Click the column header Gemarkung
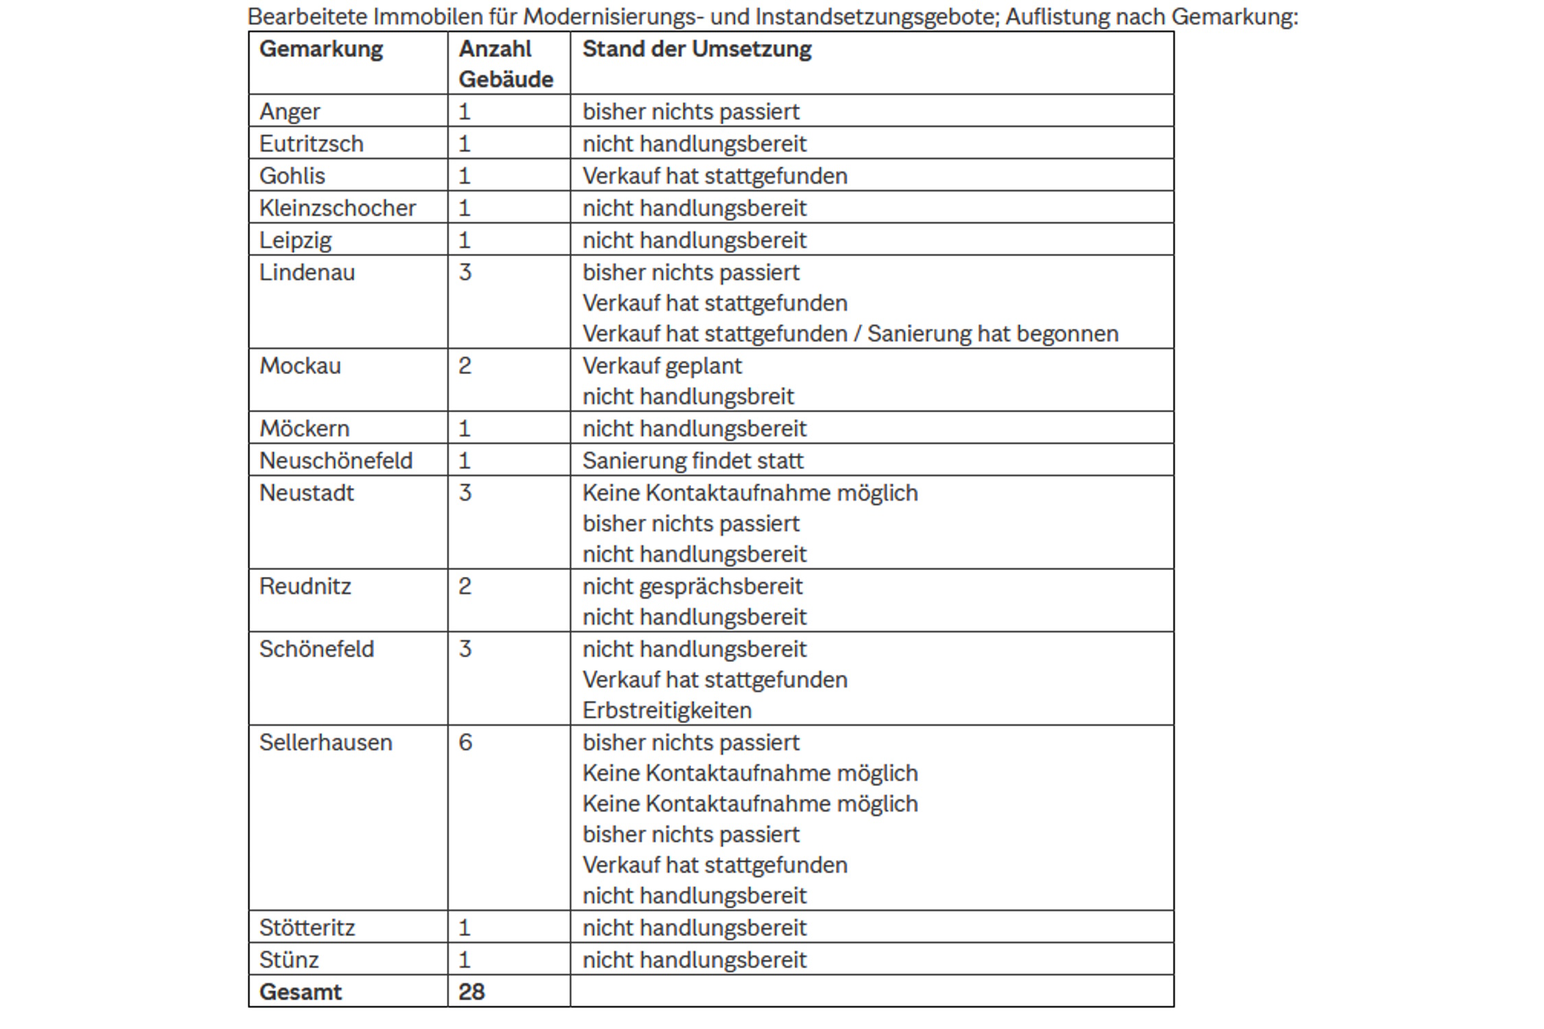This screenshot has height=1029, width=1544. coord(320,49)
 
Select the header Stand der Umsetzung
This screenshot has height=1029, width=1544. coord(697,49)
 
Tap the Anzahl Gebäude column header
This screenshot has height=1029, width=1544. coord(506,64)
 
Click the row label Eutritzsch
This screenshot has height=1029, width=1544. coord(311,144)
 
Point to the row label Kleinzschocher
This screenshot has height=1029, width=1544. coord(337,208)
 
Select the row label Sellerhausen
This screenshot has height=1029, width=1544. coord(325,742)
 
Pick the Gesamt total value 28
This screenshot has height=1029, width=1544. coord(471,992)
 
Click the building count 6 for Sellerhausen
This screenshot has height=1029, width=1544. coord(465,742)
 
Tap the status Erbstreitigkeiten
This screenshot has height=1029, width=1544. coord(667,711)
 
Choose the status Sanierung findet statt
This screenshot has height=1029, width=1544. coord(692,461)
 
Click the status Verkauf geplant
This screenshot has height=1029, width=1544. coord(662,366)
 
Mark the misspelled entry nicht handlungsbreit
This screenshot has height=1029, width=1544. coord(688,397)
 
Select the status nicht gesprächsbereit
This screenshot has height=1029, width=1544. coord(692,587)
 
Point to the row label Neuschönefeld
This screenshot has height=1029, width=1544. coord(336,461)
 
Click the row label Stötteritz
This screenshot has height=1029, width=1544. coord(307,928)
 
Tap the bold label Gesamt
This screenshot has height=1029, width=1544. coord(300,992)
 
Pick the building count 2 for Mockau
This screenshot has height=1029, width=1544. coord(465,366)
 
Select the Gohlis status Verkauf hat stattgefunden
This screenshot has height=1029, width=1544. coord(714,176)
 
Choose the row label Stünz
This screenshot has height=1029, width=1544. coord(289,960)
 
